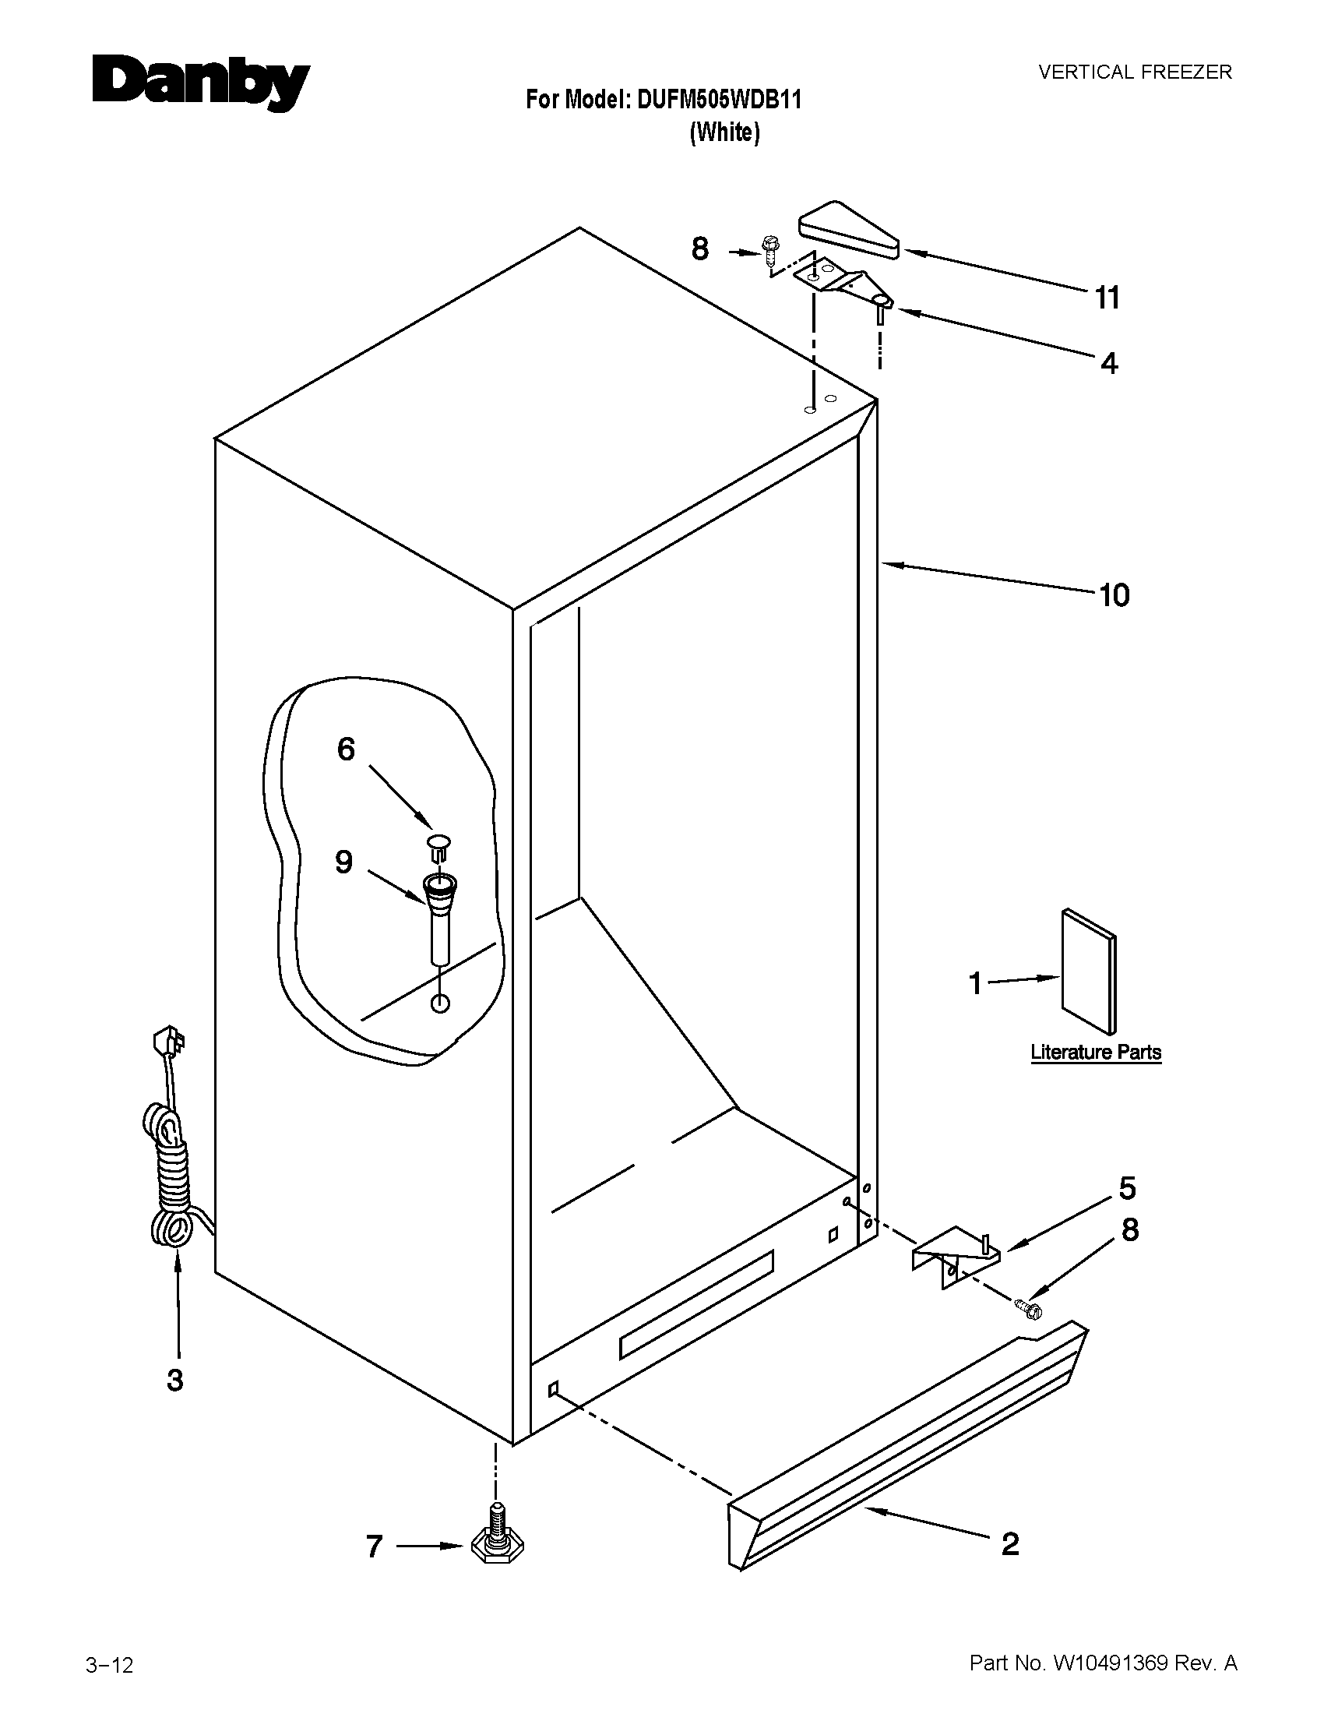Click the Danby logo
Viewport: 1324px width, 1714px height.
pos(201,83)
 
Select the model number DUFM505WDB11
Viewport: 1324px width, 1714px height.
pos(719,100)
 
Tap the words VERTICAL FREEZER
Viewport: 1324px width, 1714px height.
pos(1135,72)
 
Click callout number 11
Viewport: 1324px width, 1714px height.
pos(1107,298)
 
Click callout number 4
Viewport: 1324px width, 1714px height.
pos(1108,363)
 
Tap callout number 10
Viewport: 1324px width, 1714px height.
pos(1114,596)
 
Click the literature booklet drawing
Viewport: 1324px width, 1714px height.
pos(1089,971)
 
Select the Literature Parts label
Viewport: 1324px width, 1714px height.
pos(1096,1053)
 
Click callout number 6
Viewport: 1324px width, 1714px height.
pos(346,749)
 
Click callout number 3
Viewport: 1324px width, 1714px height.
pos(175,1380)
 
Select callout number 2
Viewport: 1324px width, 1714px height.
pos(1010,1543)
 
